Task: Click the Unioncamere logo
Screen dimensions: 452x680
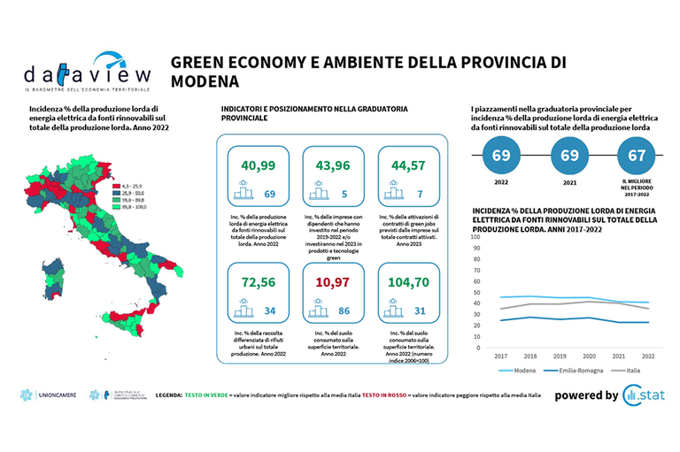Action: tap(46, 396)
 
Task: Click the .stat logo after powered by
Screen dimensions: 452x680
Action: tap(647, 395)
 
